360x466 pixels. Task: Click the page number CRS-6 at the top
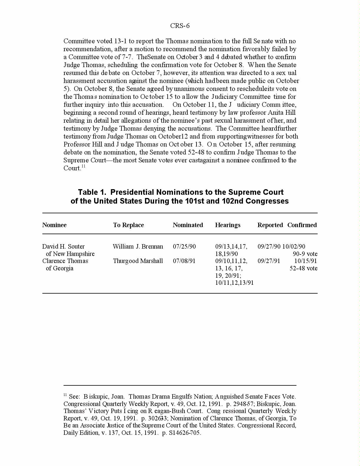(180, 26)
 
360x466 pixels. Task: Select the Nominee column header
(54, 225)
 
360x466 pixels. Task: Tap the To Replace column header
(129, 225)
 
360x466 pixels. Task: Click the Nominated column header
(188, 225)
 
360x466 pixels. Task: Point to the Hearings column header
(228, 225)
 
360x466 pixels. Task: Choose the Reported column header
(270, 225)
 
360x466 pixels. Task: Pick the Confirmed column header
(302, 225)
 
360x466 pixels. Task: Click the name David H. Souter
(64, 247)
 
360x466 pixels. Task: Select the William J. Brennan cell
(138, 247)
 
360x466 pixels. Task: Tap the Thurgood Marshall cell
(138, 261)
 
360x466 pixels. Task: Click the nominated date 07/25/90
(184, 247)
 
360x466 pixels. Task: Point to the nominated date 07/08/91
(184, 261)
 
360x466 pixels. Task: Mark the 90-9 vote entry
(305, 254)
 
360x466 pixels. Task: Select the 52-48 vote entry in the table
(304, 268)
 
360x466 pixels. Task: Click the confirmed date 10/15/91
(306, 261)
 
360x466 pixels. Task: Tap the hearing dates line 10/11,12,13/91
(234, 283)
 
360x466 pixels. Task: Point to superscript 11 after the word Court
(84, 167)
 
